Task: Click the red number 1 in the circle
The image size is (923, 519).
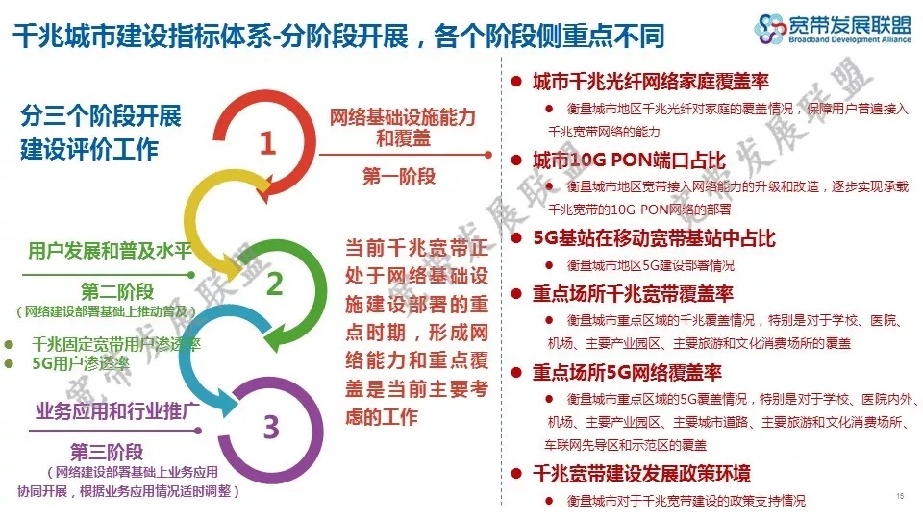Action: coord(268,143)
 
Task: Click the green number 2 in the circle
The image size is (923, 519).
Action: coord(275,284)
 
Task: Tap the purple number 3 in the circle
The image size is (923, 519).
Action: coord(271,427)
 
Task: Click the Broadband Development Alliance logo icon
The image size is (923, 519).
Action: coord(770,29)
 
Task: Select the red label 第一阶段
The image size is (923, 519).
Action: coord(399,175)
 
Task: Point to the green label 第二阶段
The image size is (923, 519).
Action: coord(117,290)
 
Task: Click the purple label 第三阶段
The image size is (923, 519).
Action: coord(107,452)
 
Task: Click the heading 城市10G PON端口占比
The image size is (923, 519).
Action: coord(629,161)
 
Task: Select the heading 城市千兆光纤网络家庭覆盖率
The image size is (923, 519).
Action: coord(651,81)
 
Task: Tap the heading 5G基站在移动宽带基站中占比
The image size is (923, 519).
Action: coord(654,238)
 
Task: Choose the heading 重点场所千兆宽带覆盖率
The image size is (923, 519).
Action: coord(633,293)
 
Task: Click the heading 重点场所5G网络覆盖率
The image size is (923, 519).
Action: coord(627,372)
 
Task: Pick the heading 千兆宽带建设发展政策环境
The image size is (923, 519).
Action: coord(641,473)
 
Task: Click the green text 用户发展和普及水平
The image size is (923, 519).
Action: coord(110,251)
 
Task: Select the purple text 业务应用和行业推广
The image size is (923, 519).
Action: coord(117,410)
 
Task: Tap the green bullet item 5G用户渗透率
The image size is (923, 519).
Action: coord(81,363)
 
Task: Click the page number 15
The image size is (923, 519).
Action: coord(900,496)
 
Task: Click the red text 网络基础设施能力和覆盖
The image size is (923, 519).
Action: coord(403,128)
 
